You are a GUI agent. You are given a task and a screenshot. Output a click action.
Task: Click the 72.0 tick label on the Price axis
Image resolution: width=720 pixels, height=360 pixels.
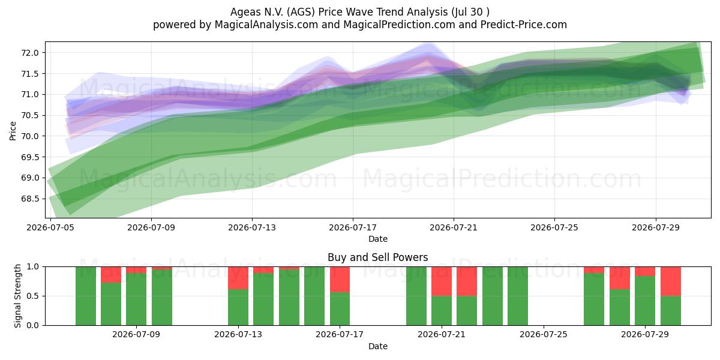29,53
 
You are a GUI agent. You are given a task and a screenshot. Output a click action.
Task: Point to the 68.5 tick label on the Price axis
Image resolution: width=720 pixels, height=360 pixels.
29,199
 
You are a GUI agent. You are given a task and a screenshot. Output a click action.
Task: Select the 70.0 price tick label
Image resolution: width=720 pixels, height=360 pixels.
29,136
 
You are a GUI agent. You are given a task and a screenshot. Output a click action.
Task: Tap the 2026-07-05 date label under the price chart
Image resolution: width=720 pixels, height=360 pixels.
50,227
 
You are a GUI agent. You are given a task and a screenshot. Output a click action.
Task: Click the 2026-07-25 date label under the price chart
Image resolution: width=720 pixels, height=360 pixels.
554,227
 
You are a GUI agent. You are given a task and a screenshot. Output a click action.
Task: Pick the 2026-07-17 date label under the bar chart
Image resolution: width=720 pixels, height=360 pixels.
340,334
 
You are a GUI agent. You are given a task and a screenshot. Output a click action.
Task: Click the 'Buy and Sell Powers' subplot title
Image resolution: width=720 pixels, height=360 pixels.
377,257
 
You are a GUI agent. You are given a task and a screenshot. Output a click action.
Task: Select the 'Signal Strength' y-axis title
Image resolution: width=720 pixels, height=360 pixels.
17,296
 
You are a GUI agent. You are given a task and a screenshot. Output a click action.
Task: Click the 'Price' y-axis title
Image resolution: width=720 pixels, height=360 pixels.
13,131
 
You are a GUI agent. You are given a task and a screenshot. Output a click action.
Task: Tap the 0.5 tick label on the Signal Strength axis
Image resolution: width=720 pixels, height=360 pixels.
33,296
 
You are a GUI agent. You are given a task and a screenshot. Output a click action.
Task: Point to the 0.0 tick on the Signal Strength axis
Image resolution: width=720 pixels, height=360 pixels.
33,325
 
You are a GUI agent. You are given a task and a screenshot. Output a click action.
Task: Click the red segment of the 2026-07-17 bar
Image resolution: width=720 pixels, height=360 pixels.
340,280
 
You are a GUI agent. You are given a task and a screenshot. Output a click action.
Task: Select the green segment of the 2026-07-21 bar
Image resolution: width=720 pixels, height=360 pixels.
442,311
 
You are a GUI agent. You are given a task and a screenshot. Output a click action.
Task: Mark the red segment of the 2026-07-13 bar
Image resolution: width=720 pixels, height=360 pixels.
238,278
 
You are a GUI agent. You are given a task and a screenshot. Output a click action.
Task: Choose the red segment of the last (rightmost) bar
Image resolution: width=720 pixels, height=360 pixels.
671,281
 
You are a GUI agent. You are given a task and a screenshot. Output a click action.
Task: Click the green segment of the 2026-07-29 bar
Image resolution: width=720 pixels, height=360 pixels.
645,301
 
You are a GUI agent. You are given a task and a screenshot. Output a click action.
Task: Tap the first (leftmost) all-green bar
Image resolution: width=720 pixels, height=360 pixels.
85,296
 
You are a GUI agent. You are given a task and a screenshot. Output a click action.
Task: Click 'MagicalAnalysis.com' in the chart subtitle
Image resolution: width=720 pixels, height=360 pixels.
266,25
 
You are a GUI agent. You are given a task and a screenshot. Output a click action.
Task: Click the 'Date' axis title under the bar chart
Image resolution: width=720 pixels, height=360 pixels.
377,346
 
